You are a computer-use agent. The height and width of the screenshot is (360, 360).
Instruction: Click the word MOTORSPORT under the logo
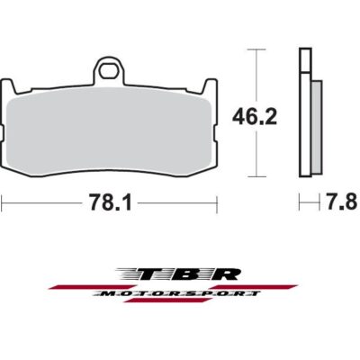click(x=180, y=293)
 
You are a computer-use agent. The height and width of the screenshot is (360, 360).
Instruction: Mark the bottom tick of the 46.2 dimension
click(x=259, y=175)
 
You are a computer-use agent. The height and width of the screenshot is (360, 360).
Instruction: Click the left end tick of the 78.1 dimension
click(x=3, y=203)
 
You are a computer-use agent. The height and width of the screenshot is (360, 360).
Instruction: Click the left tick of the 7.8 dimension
click(x=299, y=203)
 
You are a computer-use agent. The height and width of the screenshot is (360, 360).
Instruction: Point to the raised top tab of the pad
click(x=111, y=70)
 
